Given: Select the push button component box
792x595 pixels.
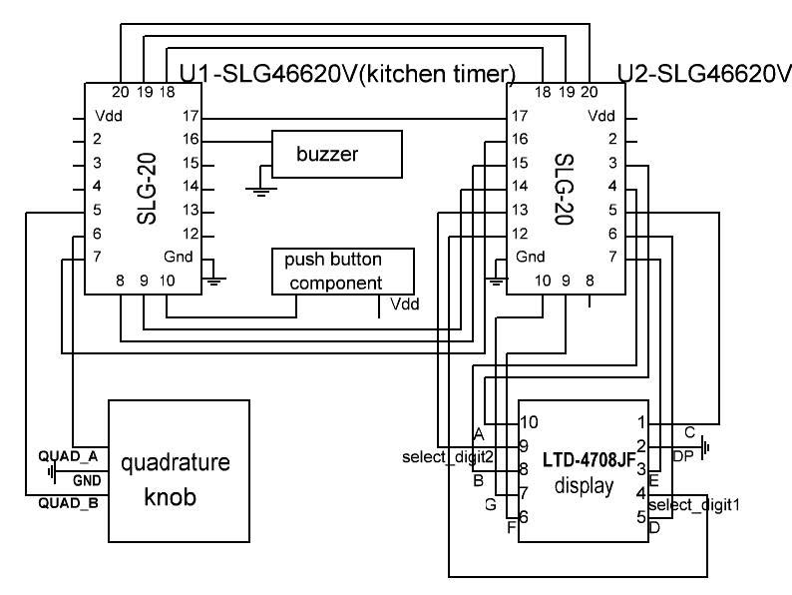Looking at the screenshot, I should pos(341,271).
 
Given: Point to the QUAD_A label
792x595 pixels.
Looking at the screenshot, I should pos(67,455).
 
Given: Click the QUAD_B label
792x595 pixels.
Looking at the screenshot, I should pos(67,503).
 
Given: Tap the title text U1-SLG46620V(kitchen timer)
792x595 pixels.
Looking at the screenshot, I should pos(346,73).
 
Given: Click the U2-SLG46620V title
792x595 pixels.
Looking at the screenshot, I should pos(704,73).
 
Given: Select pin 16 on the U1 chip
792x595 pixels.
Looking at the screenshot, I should pos(192,140).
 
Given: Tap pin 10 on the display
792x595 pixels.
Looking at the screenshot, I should pos(529,421).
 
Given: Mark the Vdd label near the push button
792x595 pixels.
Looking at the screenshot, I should pos(405,303).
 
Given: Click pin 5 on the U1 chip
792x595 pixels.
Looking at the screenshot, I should pos(98,211).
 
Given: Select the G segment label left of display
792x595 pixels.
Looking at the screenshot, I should pos(490,504).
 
